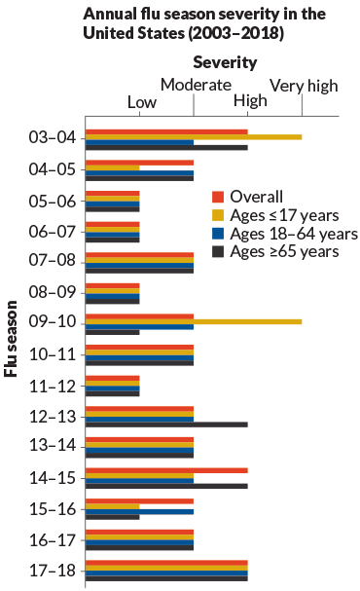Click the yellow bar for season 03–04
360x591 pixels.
click(x=195, y=137)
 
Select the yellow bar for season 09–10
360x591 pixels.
click(x=195, y=321)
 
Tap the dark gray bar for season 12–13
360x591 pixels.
click(x=166, y=424)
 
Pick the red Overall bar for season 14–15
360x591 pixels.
click(x=166, y=469)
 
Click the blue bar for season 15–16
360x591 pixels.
click(x=140, y=510)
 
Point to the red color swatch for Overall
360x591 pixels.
click(x=219, y=196)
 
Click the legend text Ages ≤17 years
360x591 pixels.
click(x=286, y=215)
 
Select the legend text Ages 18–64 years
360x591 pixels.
click(x=294, y=234)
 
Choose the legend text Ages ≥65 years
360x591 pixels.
click(x=286, y=252)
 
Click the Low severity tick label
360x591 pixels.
click(x=142, y=102)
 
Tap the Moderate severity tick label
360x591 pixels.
click(x=196, y=86)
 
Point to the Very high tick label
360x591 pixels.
click(x=304, y=86)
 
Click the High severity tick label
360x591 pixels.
click(x=250, y=102)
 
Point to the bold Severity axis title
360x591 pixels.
click(x=224, y=62)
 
